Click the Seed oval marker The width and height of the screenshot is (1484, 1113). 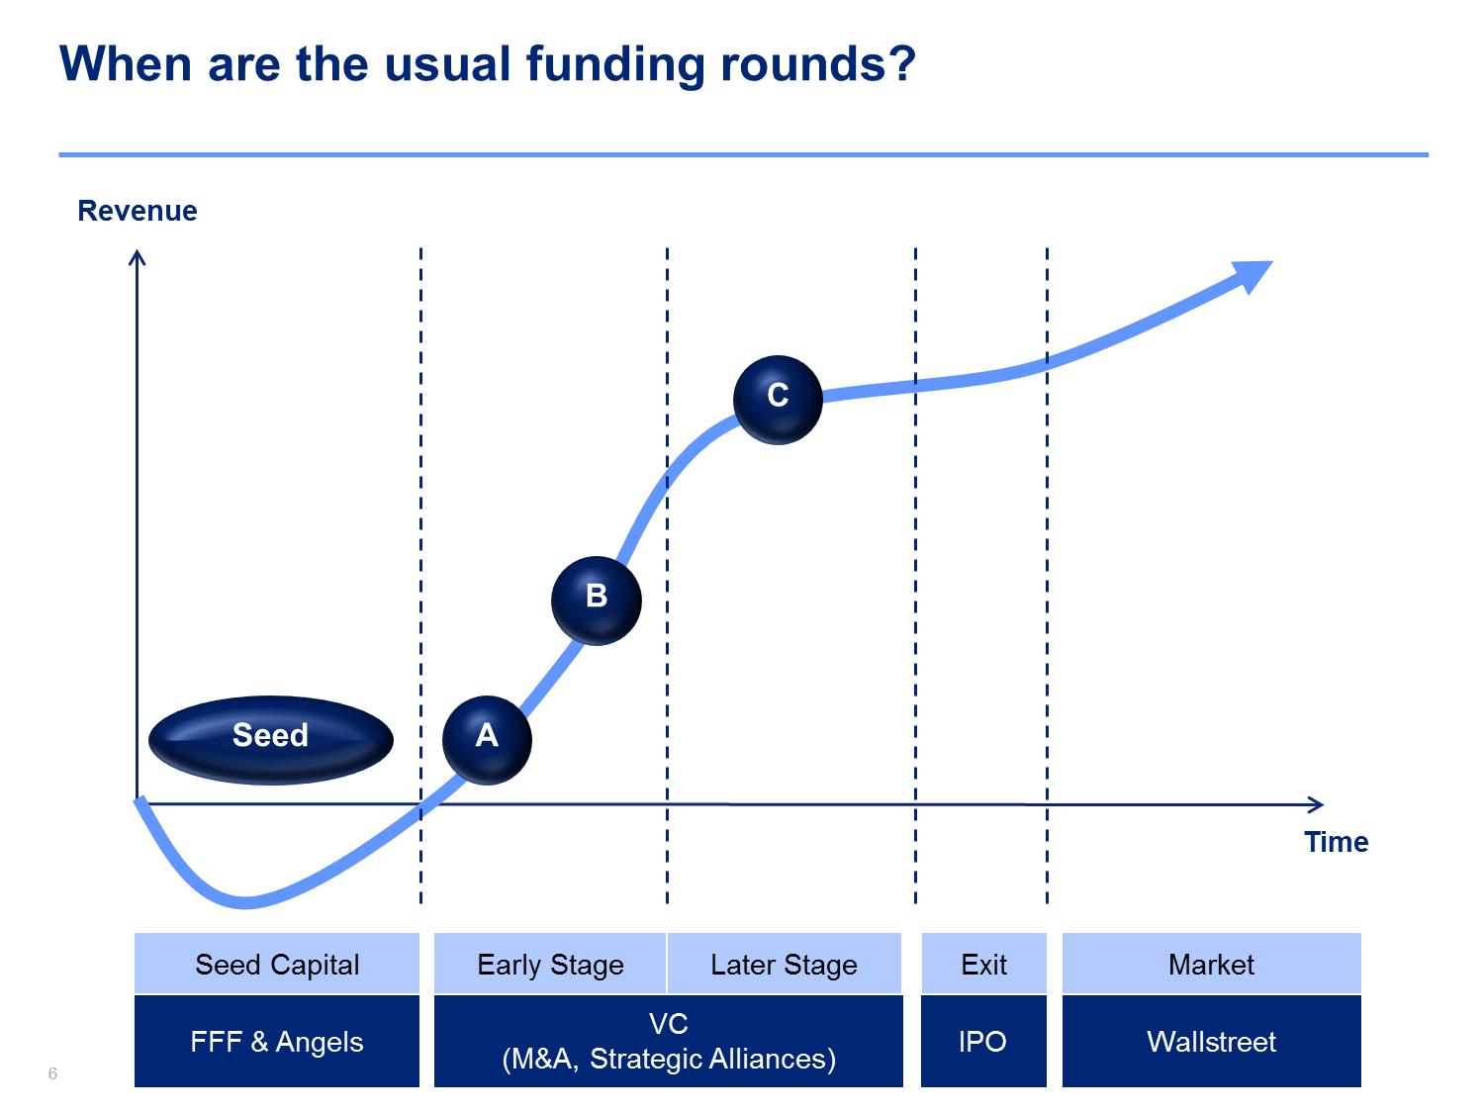270,739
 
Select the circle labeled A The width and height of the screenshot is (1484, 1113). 487,739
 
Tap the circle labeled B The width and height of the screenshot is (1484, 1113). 596,601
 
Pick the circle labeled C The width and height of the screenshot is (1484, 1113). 778,400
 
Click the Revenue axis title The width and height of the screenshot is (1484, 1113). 138,210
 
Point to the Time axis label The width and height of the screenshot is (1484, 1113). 1336,841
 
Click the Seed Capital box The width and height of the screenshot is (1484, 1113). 276,963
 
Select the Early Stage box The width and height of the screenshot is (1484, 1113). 550,963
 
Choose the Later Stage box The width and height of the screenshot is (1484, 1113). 785,963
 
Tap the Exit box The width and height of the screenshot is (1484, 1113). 983,963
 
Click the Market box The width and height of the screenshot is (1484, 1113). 1212,963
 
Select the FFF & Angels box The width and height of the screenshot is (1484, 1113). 276,1041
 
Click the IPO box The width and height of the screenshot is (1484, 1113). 983,1041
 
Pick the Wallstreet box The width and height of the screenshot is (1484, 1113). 1212,1041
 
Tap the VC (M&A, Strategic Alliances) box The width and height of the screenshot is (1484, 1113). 668,1041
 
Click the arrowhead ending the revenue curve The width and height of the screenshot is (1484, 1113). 1254,274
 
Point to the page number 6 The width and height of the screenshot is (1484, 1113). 52,1073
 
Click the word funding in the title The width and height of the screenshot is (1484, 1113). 614,65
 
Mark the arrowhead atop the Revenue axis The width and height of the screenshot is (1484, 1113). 138,257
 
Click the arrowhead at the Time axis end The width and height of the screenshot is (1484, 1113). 1317,804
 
